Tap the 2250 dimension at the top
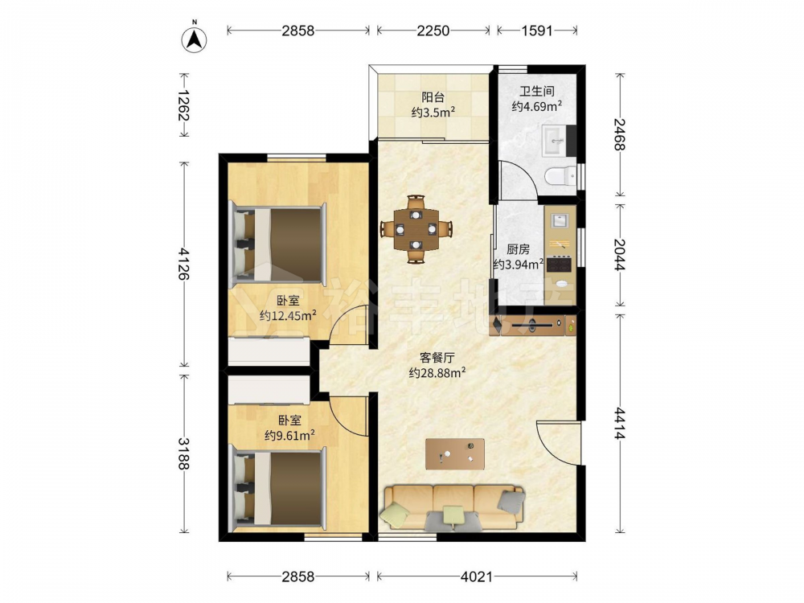click(x=433, y=31)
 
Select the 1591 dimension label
click(x=537, y=31)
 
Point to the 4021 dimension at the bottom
click(x=476, y=576)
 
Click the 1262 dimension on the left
click(x=183, y=105)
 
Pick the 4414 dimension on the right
click(x=620, y=424)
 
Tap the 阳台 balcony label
click(x=433, y=97)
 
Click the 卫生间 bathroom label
click(x=537, y=92)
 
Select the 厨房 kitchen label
click(x=518, y=249)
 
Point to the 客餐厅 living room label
click(x=437, y=358)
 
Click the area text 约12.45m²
click(x=288, y=315)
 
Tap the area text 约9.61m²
click(x=289, y=435)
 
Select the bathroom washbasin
click(x=554, y=140)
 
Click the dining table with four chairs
click(x=416, y=228)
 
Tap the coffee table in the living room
click(x=455, y=453)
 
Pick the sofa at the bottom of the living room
click(x=453, y=507)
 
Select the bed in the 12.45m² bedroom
click(x=279, y=244)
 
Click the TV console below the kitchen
click(x=533, y=325)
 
